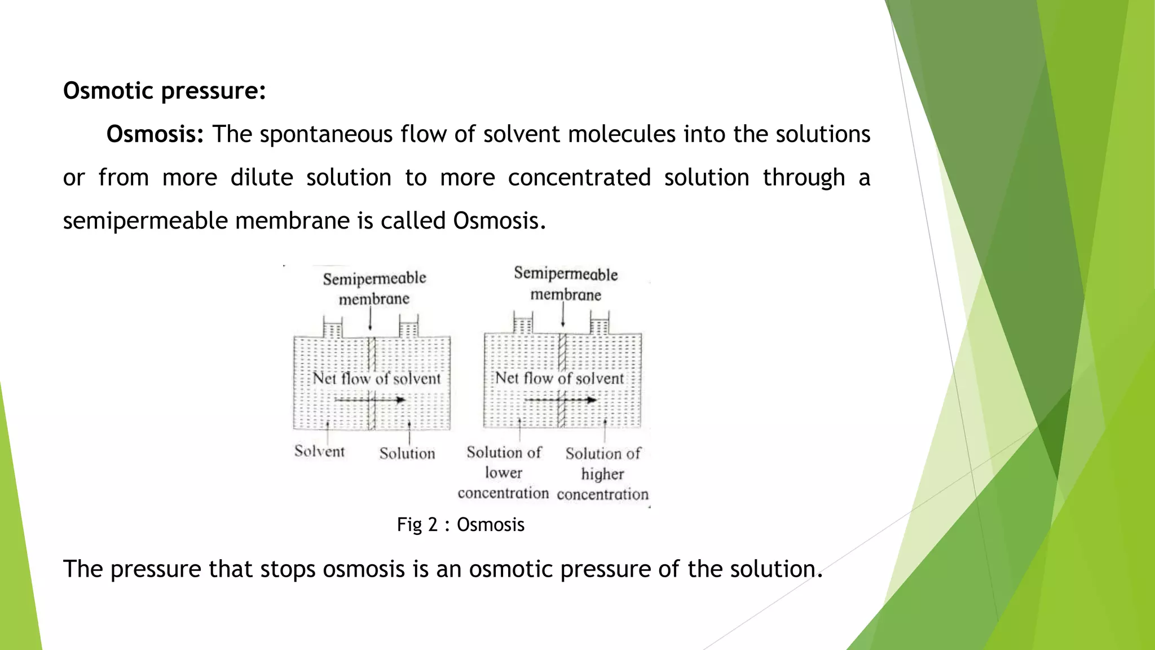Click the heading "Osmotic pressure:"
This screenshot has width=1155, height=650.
click(164, 91)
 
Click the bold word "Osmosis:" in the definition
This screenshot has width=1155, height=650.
click(155, 134)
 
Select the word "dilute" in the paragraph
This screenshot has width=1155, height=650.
click(262, 178)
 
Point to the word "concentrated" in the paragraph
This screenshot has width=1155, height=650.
click(579, 178)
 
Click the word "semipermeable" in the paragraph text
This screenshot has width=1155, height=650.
click(145, 221)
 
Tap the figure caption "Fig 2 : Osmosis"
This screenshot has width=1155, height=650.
click(461, 525)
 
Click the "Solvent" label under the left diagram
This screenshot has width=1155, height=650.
click(319, 451)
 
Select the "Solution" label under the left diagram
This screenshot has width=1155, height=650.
click(407, 454)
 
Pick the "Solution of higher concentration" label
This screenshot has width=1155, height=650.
click(603, 474)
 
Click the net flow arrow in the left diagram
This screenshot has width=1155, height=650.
click(370, 400)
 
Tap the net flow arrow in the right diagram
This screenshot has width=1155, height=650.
click(560, 400)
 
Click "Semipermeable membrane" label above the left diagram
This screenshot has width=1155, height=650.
click(374, 288)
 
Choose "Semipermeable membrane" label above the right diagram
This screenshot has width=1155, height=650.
click(566, 284)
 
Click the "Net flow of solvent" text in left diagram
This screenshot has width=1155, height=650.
click(376, 378)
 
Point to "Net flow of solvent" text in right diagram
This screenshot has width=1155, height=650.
click(559, 378)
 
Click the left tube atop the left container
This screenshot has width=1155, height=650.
click(333, 328)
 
